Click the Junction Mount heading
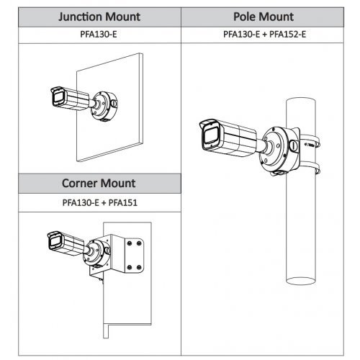click(99, 17)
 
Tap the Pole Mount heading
click(264, 17)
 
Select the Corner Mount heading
click(99, 184)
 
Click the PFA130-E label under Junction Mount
click(99, 35)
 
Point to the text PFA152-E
click(287, 35)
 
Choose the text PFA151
click(123, 203)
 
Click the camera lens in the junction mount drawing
click(58, 97)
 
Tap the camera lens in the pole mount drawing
click(210, 136)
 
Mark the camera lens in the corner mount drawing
click(54, 241)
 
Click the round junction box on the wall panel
click(104, 106)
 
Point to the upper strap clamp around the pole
click(310, 142)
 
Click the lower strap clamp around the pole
click(310, 168)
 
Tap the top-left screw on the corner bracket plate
click(130, 243)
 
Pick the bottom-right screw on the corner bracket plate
click(139, 267)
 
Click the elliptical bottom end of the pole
click(300, 281)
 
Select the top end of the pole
click(301, 101)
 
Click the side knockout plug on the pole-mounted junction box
click(293, 145)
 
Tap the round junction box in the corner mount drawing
click(96, 253)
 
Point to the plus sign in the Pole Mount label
click(264, 35)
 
